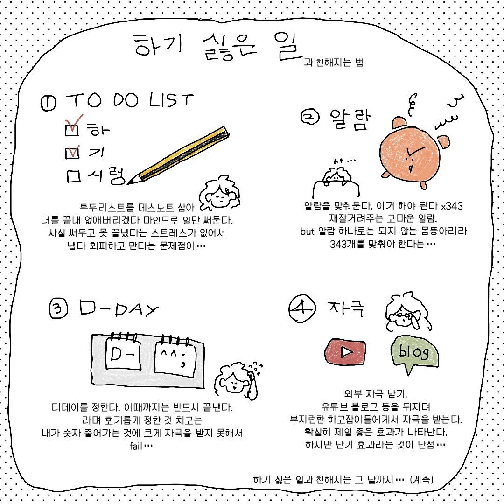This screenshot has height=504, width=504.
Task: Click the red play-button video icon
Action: [x=345, y=352]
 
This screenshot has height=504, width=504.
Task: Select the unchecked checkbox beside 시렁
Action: [x=74, y=176]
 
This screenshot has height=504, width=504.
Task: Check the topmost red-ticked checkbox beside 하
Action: [x=72, y=130]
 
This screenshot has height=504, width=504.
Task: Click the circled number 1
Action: [x=49, y=103]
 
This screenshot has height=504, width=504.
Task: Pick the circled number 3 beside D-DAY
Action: [x=58, y=308]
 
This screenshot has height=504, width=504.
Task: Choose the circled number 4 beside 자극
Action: [x=302, y=308]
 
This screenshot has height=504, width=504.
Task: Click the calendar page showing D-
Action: [x=123, y=352]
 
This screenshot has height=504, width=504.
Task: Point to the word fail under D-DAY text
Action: [x=136, y=446]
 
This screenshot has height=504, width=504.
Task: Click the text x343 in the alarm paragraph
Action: [x=452, y=206]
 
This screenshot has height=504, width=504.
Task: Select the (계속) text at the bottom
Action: [x=421, y=480]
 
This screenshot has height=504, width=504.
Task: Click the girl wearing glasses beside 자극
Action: [x=407, y=312]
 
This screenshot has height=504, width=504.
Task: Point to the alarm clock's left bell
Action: [x=399, y=124]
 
